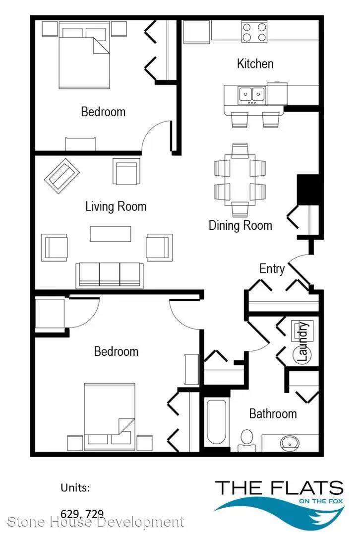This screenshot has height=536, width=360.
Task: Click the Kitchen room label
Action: click(x=255, y=64)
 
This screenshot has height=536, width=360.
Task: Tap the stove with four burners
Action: click(x=254, y=32)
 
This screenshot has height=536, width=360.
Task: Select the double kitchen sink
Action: click(x=252, y=95)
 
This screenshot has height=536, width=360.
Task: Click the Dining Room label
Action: click(x=240, y=225)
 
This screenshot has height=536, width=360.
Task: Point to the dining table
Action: click(x=240, y=180)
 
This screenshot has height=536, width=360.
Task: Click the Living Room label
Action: click(x=116, y=206)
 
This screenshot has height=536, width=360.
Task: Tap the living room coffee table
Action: click(x=110, y=234)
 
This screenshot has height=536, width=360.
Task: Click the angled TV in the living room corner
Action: click(x=62, y=176)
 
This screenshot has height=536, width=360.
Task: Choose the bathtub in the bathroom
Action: click(x=217, y=422)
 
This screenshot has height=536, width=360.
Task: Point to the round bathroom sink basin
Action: click(x=290, y=443)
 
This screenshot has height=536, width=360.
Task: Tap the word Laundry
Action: click(x=302, y=342)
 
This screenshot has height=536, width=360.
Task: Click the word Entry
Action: click(x=272, y=268)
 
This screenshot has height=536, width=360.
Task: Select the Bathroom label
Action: click(x=273, y=413)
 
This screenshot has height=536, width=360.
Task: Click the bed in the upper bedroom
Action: click(x=84, y=55)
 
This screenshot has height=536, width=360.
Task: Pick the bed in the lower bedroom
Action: click(x=110, y=416)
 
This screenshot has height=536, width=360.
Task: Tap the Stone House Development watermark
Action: click(x=96, y=522)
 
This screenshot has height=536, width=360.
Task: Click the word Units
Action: click(x=75, y=487)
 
